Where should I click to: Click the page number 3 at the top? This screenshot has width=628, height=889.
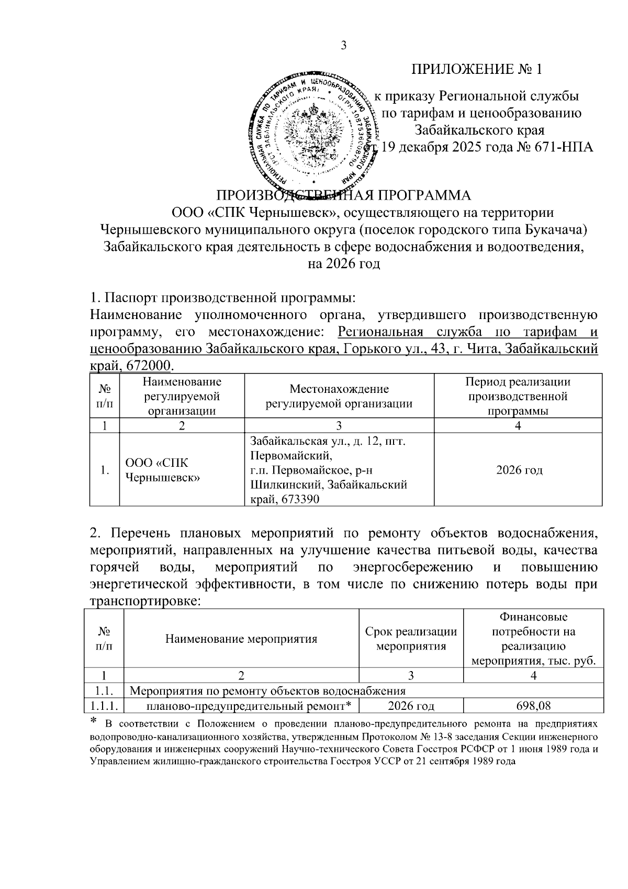(x=344, y=45)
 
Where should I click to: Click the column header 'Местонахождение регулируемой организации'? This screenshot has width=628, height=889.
(x=339, y=396)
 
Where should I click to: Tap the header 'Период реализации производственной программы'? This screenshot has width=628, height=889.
(x=518, y=396)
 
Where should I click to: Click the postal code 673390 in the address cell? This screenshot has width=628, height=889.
(x=300, y=500)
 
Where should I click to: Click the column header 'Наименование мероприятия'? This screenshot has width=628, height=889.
(x=241, y=639)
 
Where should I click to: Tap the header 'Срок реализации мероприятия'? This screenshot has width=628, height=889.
(x=411, y=639)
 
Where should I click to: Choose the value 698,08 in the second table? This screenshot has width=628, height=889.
(x=533, y=706)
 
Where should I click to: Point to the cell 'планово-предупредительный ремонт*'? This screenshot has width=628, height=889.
(x=248, y=706)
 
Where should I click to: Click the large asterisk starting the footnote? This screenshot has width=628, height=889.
(x=94, y=722)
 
